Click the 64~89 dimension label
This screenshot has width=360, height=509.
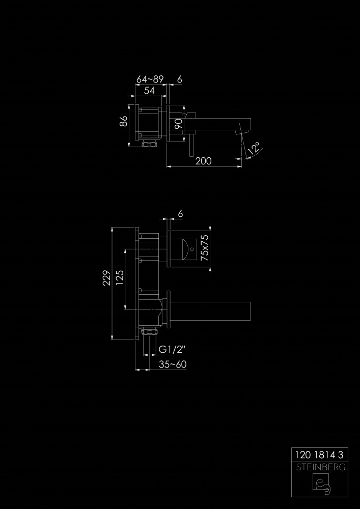(x=150, y=79)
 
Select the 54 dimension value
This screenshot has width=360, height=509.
(x=149, y=91)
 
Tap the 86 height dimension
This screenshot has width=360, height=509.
(x=123, y=122)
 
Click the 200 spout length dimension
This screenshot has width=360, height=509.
(x=203, y=161)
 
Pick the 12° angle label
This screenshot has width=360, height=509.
(x=255, y=148)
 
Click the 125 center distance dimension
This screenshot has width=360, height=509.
(x=120, y=278)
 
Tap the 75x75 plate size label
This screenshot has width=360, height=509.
(x=205, y=248)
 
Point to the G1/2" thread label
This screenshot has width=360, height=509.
(x=172, y=350)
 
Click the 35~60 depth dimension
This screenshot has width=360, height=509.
(x=173, y=364)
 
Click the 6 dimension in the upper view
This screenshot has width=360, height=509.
(x=180, y=79)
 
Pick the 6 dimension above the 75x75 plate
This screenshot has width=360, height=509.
(x=180, y=214)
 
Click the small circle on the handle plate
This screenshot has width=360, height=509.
(x=192, y=249)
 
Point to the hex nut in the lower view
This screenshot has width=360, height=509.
(x=150, y=332)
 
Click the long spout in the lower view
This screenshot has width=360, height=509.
(x=211, y=312)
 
